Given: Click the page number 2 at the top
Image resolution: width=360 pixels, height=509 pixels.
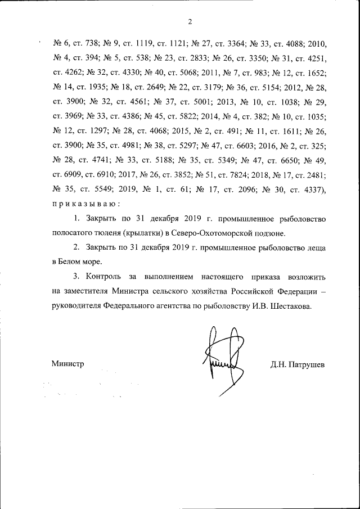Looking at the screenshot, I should point(190,22).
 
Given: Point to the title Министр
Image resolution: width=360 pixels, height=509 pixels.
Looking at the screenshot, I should point(67,364).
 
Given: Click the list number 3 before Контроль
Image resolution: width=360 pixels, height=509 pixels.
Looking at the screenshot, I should point(75,277).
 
